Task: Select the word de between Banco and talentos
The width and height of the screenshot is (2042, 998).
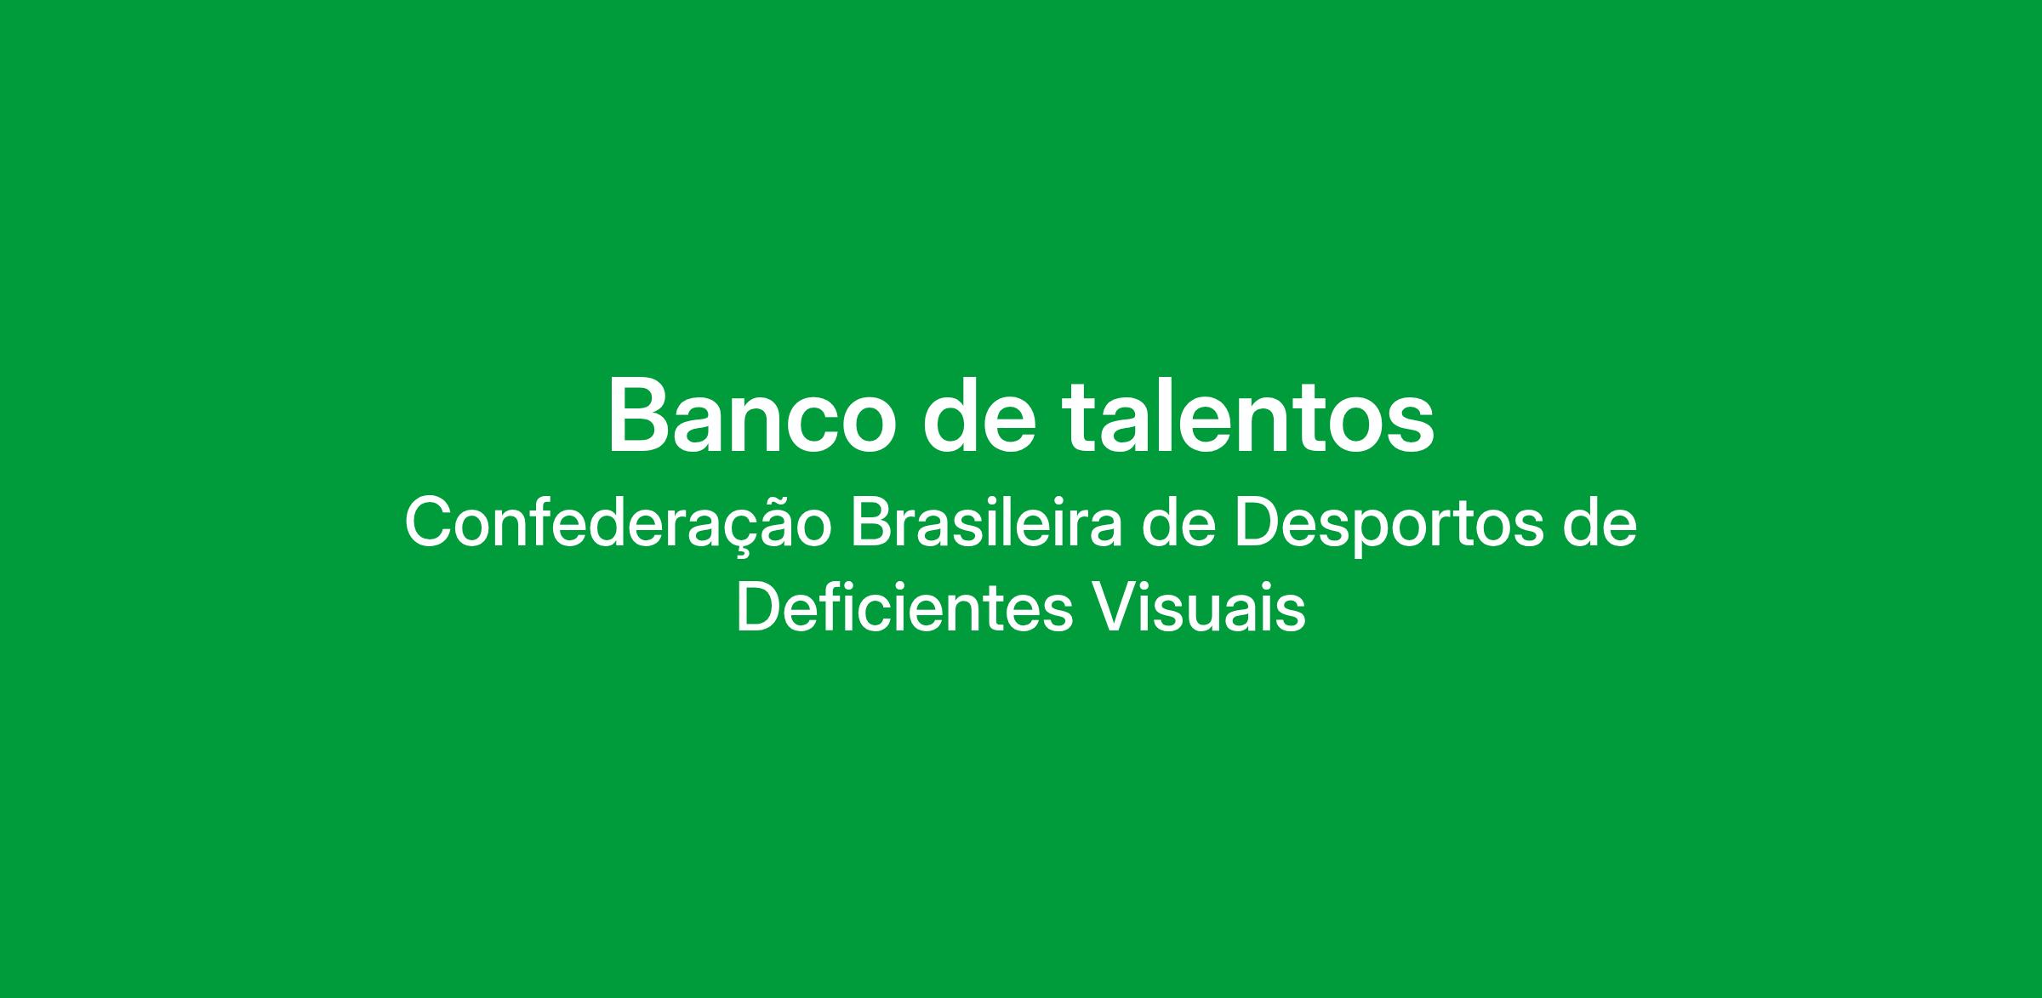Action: [978, 415]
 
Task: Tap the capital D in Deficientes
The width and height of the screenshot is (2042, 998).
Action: [757, 608]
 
